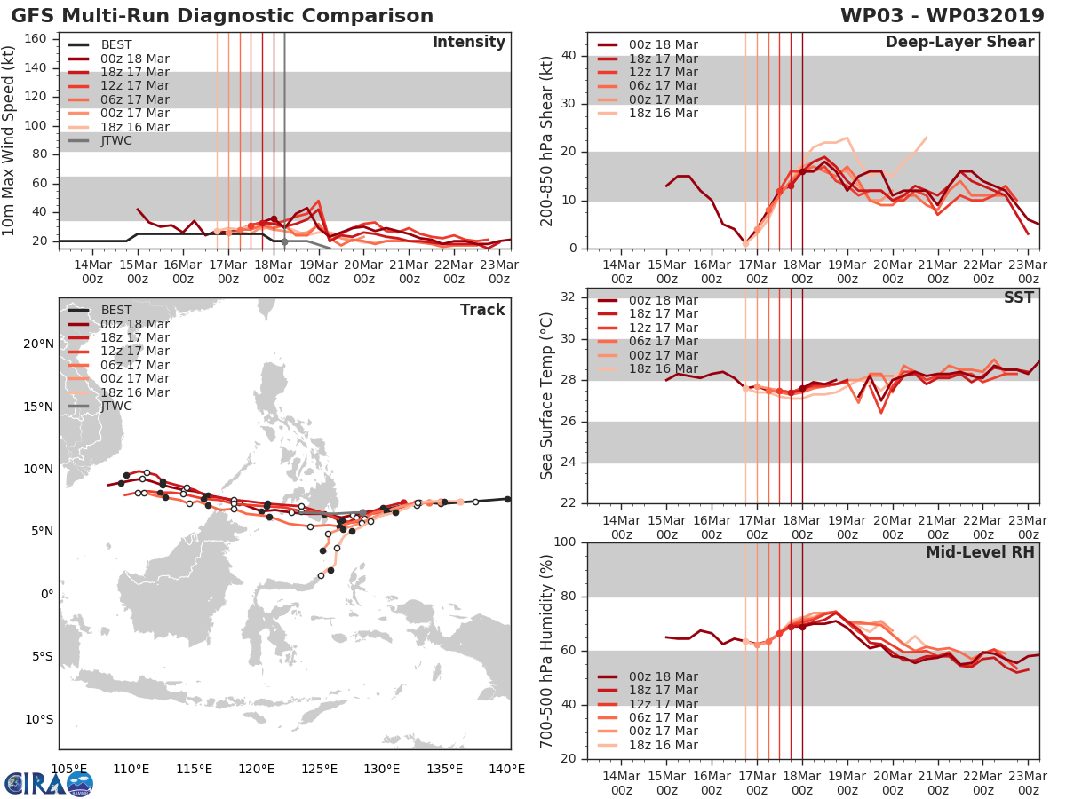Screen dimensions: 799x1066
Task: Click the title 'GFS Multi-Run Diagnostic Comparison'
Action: tap(222, 16)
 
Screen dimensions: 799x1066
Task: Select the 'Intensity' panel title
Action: tap(469, 43)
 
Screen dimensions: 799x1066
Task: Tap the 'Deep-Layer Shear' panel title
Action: tap(959, 43)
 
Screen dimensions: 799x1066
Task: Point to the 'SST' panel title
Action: tap(1019, 297)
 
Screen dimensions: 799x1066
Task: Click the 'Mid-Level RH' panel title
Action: tap(980, 552)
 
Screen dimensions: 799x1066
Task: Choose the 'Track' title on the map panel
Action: tap(482, 310)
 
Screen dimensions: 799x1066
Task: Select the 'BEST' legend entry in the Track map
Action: tap(115, 310)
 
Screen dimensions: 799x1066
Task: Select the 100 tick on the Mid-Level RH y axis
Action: tap(563, 542)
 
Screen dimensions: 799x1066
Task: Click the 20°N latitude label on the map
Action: tap(38, 344)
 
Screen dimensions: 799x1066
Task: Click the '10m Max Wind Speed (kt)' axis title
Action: tap(9, 134)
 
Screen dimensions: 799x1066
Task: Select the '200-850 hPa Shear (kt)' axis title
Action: tap(548, 140)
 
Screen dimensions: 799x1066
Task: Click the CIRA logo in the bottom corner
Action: tap(49, 783)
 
